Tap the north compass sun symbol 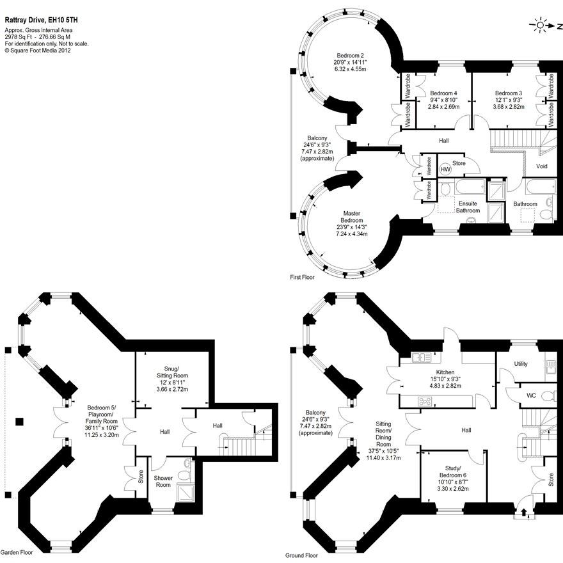pos(541,26)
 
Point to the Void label pos(542,166)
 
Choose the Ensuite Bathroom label pos(468,207)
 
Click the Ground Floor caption pos(303,556)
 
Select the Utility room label pos(521,364)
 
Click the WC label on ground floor pos(530,395)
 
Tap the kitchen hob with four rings pos(424,402)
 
